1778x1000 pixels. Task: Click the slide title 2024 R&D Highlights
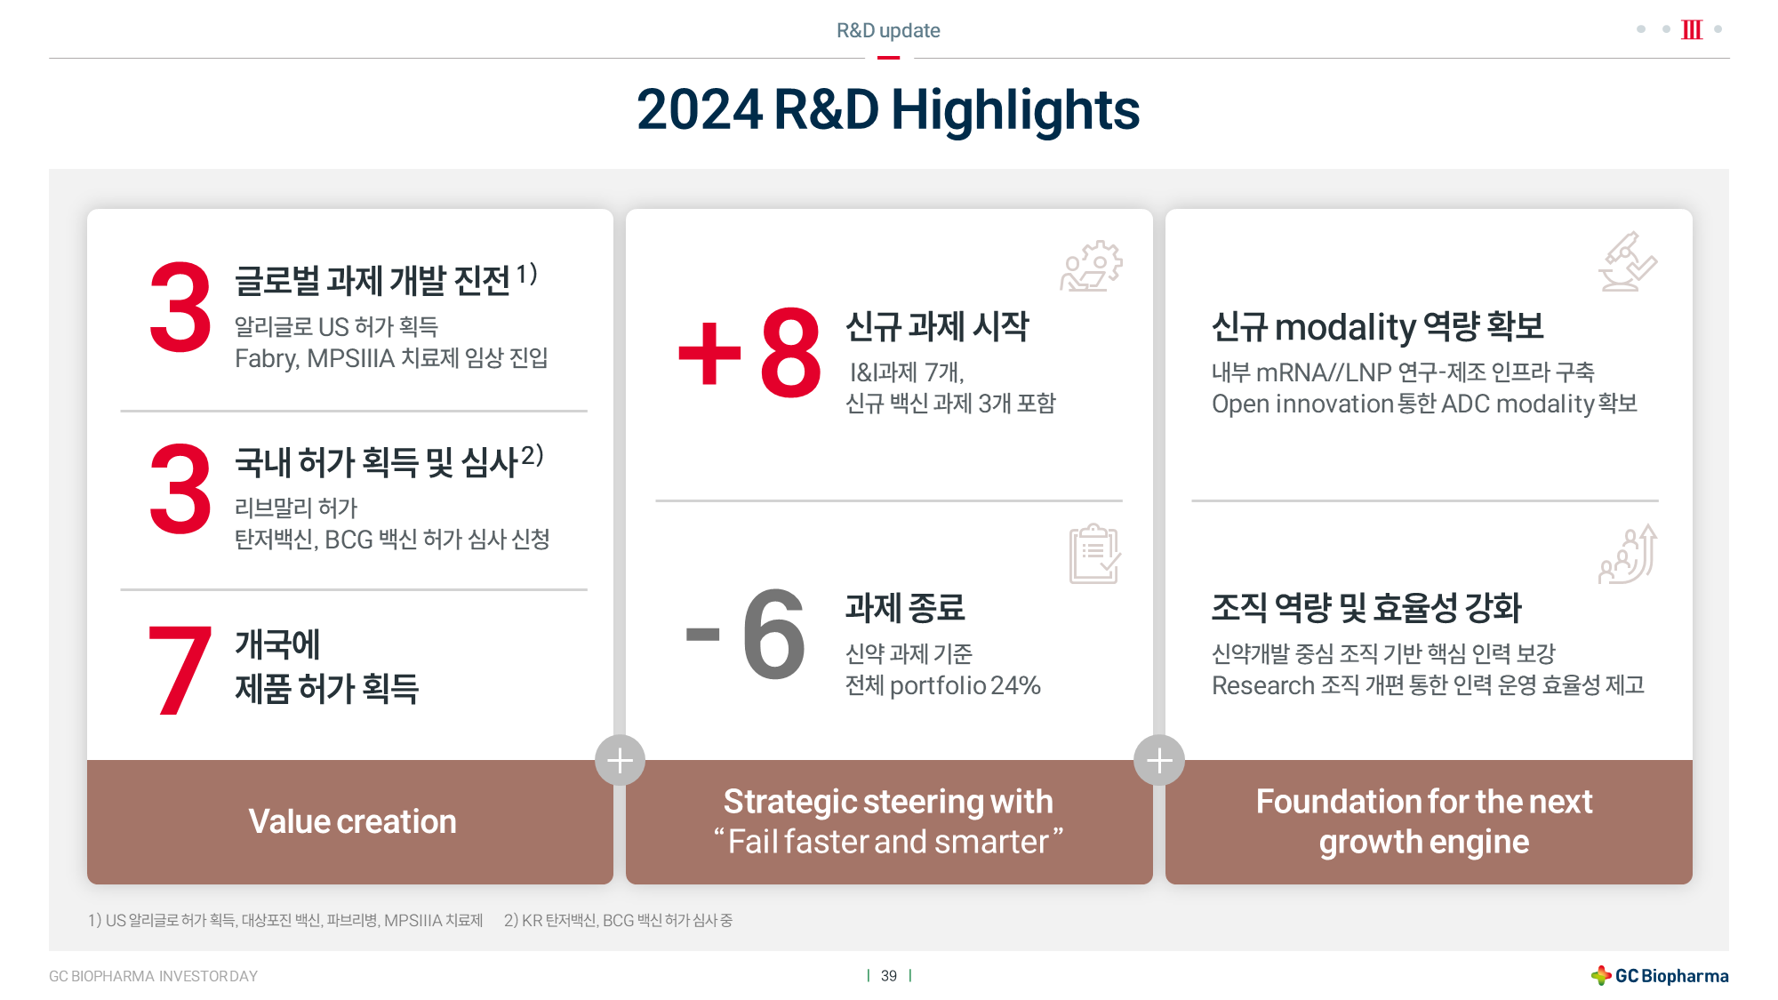pos(888,110)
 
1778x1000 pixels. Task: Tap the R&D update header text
pos(888,30)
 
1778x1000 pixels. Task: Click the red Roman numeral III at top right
pos(1692,29)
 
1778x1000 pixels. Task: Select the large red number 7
pos(180,669)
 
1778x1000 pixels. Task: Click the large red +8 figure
pos(749,352)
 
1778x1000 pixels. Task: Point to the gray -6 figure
pos(746,635)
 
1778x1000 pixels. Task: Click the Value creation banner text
pos(352,821)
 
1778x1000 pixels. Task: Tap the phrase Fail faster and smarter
pos(888,842)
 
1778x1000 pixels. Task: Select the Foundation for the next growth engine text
pos(1424,821)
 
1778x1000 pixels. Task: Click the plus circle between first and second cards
pos(620,760)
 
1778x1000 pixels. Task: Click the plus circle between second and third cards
pos(1159,760)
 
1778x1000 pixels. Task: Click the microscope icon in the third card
pos(1628,261)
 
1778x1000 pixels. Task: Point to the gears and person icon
pos(1092,266)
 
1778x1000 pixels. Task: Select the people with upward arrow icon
pos(1628,554)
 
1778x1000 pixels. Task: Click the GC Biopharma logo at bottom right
pos(1660,975)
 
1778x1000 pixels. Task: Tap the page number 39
pos(889,976)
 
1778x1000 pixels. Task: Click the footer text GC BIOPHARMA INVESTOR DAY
pos(153,976)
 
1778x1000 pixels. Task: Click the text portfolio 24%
pos(965,685)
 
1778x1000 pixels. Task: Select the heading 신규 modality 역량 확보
pos(1378,327)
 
